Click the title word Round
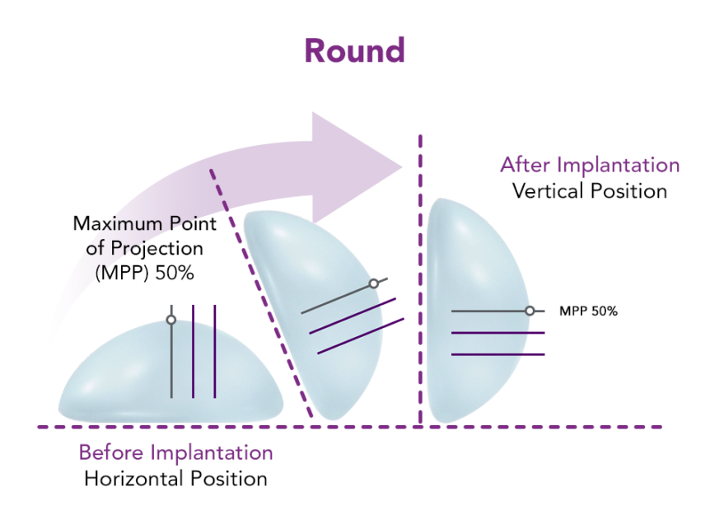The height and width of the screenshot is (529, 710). pos(354,50)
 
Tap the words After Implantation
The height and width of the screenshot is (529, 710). pos(590,165)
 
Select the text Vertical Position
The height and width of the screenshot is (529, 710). pos(590,191)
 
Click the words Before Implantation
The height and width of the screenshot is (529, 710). pos(175,452)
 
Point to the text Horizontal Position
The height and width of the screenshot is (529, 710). pos(175,479)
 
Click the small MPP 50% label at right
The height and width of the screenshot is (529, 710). pos(588,311)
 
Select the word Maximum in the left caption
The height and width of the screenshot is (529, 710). pos(110,223)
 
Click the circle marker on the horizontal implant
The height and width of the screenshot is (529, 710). pos(171,320)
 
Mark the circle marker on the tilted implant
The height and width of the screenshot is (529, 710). pos(373,283)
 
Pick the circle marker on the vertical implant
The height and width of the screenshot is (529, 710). pos(530,311)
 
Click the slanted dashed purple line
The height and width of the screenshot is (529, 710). pos(264,297)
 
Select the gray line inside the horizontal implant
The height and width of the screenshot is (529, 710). pos(171,363)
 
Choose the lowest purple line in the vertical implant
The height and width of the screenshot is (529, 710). pos(498,354)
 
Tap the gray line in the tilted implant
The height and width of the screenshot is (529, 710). pos(338,298)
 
